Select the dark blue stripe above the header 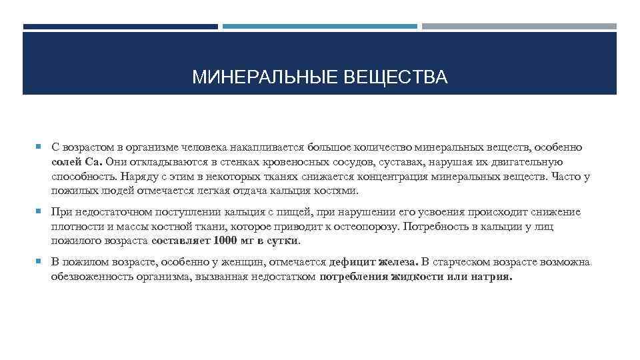pyautogui.click(x=121, y=27)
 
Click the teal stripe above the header pyautogui.click(x=319, y=27)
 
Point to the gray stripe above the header pyautogui.click(x=519, y=27)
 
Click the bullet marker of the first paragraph pyautogui.click(x=41, y=146)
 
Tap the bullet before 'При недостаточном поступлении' pyautogui.click(x=41, y=212)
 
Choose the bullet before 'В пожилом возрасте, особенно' pyautogui.click(x=41, y=262)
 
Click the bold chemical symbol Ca pyautogui.click(x=93, y=161)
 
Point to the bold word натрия pyautogui.click(x=490, y=277)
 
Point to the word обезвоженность pyautogui.click(x=89, y=277)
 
